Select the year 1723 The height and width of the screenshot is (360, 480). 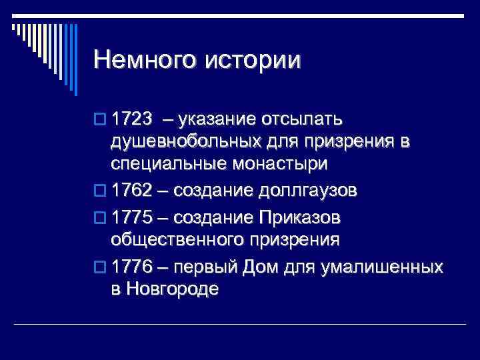(x=133, y=120)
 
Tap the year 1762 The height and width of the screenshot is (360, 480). (x=133, y=191)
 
